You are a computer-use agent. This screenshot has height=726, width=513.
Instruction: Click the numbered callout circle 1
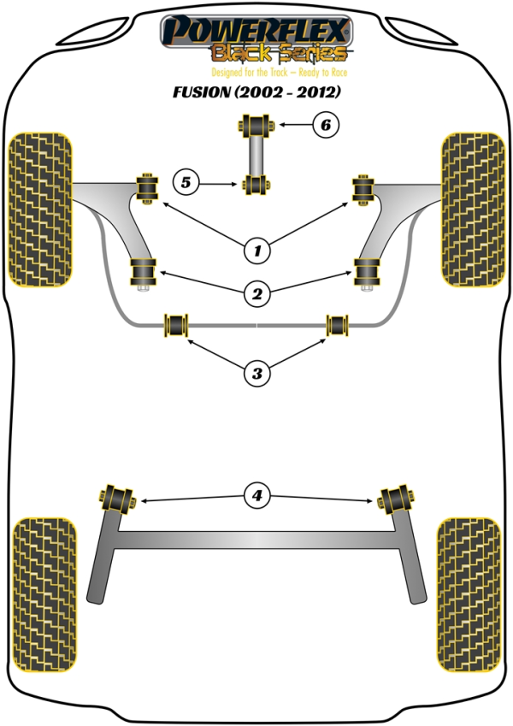[x=256, y=251]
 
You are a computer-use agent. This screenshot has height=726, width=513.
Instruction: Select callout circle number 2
[x=256, y=295]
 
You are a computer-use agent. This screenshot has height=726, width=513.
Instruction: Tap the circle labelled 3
[x=256, y=372]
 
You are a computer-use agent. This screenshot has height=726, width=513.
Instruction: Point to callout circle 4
[x=256, y=495]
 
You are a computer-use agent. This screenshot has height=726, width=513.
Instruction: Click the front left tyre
[x=39, y=209]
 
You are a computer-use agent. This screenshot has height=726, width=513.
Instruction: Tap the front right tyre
[x=473, y=209]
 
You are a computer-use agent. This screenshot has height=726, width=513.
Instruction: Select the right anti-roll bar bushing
[x=338, y=324]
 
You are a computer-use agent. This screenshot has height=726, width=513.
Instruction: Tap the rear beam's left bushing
[x=117, y=497]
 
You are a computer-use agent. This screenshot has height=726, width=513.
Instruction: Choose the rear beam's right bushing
[x=396, y=497]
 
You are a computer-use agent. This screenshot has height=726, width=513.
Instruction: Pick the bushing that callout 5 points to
[x=256, y=183]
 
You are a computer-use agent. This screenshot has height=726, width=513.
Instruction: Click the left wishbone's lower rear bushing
[x=144, y=273]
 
